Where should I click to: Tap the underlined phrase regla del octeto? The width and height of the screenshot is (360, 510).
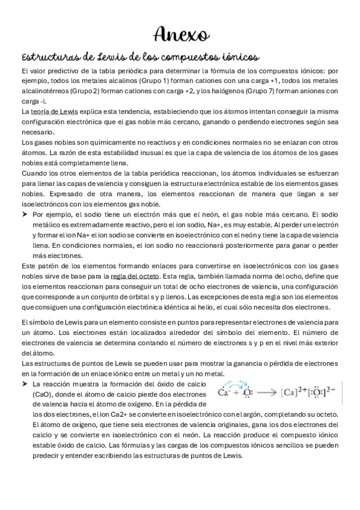tap(136, 275)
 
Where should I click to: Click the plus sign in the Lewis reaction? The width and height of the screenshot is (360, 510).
tap(235, 394)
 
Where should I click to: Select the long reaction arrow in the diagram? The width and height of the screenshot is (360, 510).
tap(266, 394)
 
